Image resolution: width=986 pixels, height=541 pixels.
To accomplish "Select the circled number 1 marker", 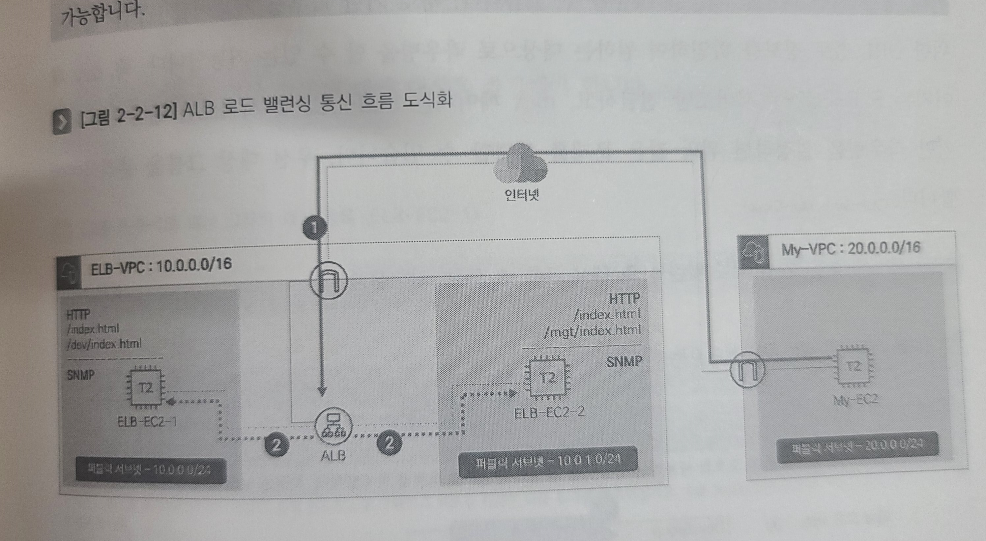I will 315,228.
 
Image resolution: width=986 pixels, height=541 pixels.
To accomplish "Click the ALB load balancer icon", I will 333,426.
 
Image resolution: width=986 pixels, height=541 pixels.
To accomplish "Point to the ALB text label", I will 333,455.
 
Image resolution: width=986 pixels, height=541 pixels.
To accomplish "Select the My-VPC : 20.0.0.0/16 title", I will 851,248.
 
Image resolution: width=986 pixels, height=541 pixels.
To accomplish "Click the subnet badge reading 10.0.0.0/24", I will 150,470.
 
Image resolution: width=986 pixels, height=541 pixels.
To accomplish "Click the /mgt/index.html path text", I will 593,330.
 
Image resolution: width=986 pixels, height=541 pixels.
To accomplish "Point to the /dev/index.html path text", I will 104,344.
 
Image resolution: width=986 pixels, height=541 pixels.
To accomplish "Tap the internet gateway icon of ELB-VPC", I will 329,280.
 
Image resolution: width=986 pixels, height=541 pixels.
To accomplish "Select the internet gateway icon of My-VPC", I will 747,370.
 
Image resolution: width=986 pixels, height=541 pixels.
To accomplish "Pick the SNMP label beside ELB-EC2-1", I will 81,375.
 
